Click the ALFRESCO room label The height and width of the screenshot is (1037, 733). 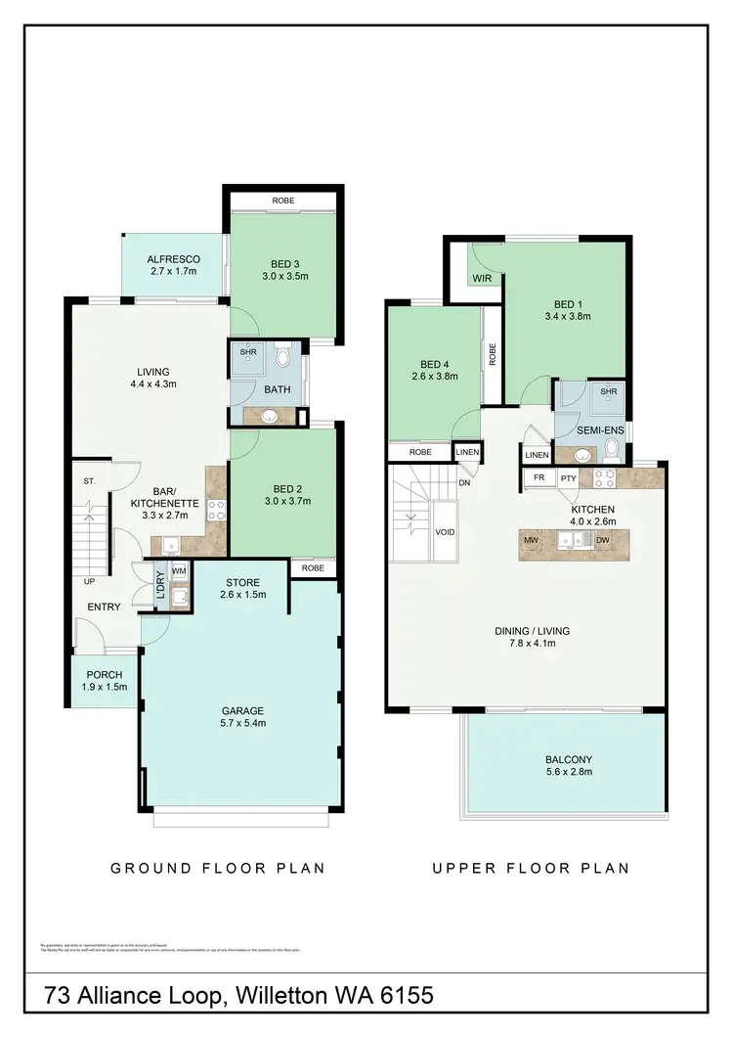click(x=174, y=259)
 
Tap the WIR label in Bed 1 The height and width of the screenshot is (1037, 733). click(x=481, y=279)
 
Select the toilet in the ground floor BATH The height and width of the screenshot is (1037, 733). click(x=284, y=356)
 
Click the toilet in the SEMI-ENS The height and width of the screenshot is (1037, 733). click(x=612, y=451)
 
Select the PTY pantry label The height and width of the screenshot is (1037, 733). click(x=568, y=478)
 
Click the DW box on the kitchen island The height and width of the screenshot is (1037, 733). click(x=602, y=539)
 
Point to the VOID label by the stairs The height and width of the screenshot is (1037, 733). click(x=445, y=533)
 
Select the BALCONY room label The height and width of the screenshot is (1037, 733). click(x=569, y=759)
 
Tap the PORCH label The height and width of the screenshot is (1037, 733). click(x=104, y=674)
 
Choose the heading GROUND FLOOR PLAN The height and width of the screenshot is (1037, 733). click(x=218, y=868)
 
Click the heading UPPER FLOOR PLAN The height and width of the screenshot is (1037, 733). click(x=531, y=868)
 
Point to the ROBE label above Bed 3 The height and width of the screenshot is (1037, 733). click(x=283, y=201)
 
